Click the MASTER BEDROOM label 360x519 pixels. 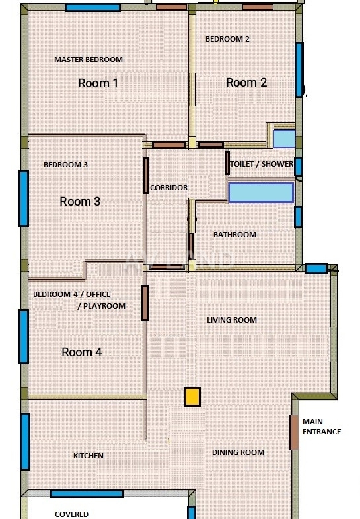[x=89, y=60]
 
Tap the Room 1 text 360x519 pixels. [x=98, y=83]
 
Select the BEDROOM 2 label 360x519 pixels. [x=227, y=39]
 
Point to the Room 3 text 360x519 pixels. [x=80, y=201]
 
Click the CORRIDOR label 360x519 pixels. [x=169, y=188]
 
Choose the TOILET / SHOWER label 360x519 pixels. [x=262, y=164]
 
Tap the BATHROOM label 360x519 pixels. [x=234, y=235]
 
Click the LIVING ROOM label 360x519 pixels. [x=232, y=320]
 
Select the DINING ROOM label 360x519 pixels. [x=238, y=452]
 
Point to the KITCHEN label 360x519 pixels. [x=89, y=456]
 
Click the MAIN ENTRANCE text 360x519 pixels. [x=322, y=426]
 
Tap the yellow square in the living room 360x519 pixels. [x=192, y=397]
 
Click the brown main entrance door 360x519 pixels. [x=294, y=432]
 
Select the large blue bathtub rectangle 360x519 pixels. [x=261, y=192]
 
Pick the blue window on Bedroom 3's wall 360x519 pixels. [x=24, y=198]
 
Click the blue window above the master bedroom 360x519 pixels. [x=92, y=7]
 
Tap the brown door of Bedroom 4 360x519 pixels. [x=145, y=303]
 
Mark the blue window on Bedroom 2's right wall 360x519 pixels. [x=299, y=69]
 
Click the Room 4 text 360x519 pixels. [x=82, y=352]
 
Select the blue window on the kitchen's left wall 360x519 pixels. [x=25, y=441]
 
